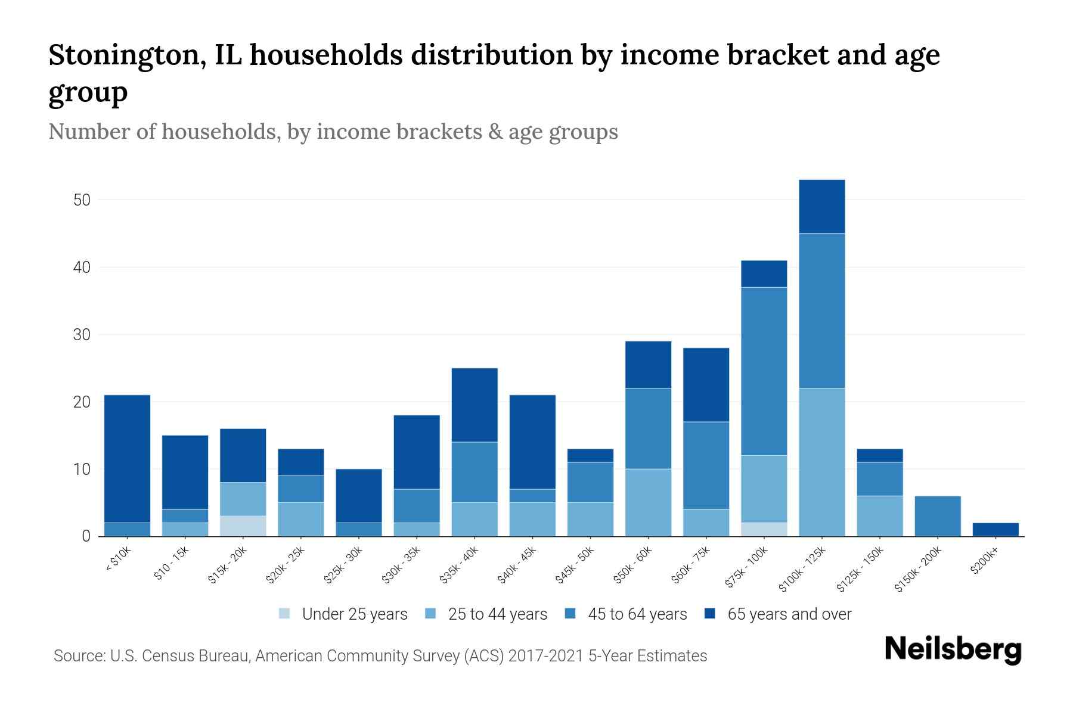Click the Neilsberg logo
pyautogui.click(x=953, y=649)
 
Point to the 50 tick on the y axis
pyautogui.click(x=82, y=200)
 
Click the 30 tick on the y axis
pyautogui.click(x=82, y=335)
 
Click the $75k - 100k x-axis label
pyautogui.click(x=746, y=568)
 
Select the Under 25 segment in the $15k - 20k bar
pyautogui.click(x=243, y=526)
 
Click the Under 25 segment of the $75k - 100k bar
pyautogui.click(x=764, y=530)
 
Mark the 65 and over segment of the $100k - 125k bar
pyautogui.click(x=821, y=207)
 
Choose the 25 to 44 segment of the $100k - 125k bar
pyautogui.click(x=821, y=462)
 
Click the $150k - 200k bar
pyautogui.click(x=938, y=516)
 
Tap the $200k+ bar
pyautogui.click(x=996, y=530)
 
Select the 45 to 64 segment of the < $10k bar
pyautogui.click(x=127, y=530)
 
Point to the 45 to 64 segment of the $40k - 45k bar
pyautogui.click(x=532, y=496)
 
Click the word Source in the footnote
pyautogui.click(x=79, y=656)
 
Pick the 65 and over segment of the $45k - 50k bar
pyautogui.click(x=590, y=455)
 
